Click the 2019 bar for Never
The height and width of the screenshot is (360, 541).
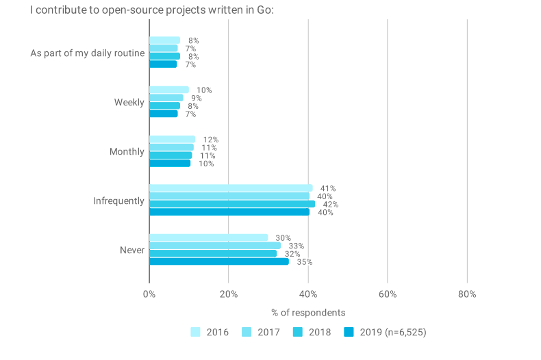[x=218, y=261]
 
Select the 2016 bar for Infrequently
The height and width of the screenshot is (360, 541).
[x=231, y=188]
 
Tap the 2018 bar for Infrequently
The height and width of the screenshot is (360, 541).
[x=232, y=204]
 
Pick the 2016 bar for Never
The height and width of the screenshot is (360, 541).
[x=208, y=237]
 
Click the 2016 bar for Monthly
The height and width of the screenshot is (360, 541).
[x=172, y=140]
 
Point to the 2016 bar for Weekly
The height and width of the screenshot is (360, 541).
[x=168, y=90]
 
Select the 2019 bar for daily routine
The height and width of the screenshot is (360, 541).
[x=163, y=64]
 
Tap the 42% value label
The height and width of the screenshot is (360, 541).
[x=330, y=205]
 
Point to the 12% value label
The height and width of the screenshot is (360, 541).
[x=210, y=140]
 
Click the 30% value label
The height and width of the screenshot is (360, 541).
[x=283, y=238]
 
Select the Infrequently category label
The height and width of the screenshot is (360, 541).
[x=118, y=201]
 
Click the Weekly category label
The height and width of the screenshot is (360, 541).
[x=129, y=103]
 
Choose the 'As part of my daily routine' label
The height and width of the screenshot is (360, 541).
[x=87, y=53]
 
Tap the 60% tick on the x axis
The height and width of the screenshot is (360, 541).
[x=387, y=294]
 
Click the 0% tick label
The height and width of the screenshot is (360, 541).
[x=149, y=294]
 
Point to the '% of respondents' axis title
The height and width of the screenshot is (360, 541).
[x=308, y=313]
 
